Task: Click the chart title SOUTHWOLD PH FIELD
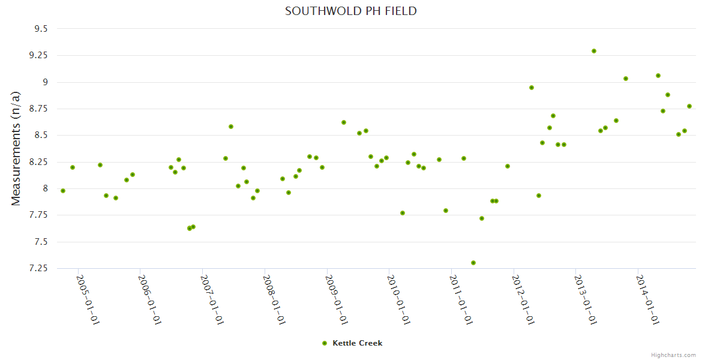350,11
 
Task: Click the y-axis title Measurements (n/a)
16,148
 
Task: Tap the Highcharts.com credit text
673,355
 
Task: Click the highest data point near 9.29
594,51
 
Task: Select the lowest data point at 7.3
473,263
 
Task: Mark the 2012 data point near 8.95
532,88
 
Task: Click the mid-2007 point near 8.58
231,127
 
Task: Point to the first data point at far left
63,191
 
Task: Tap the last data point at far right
689,106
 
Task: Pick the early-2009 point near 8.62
344,122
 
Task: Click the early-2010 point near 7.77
403,213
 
